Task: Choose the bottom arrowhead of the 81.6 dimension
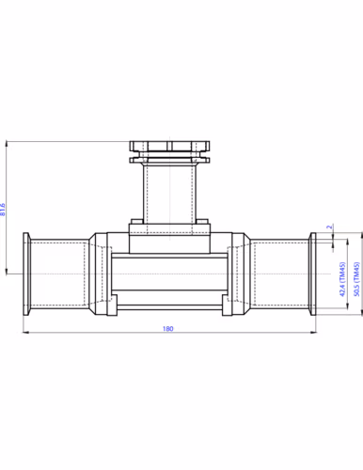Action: point(8,279)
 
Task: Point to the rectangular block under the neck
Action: point(170,241)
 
